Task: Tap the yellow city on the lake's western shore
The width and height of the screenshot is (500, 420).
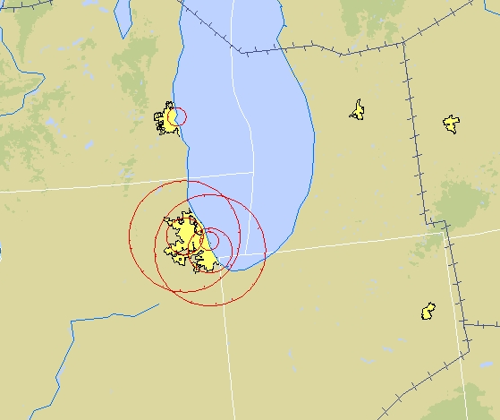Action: tap(168, 120)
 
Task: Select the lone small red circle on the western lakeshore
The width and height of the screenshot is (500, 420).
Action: tap(179, 116)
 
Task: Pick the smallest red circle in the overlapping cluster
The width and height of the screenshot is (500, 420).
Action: tap(212, 240)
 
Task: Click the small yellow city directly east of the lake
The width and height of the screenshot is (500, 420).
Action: tap(358, 110)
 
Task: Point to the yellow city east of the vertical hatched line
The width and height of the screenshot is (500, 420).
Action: tap(452, 124)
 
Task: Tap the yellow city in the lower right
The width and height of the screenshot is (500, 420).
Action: tap(428, 312)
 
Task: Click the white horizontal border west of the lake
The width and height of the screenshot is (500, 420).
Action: tap(89, 186)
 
